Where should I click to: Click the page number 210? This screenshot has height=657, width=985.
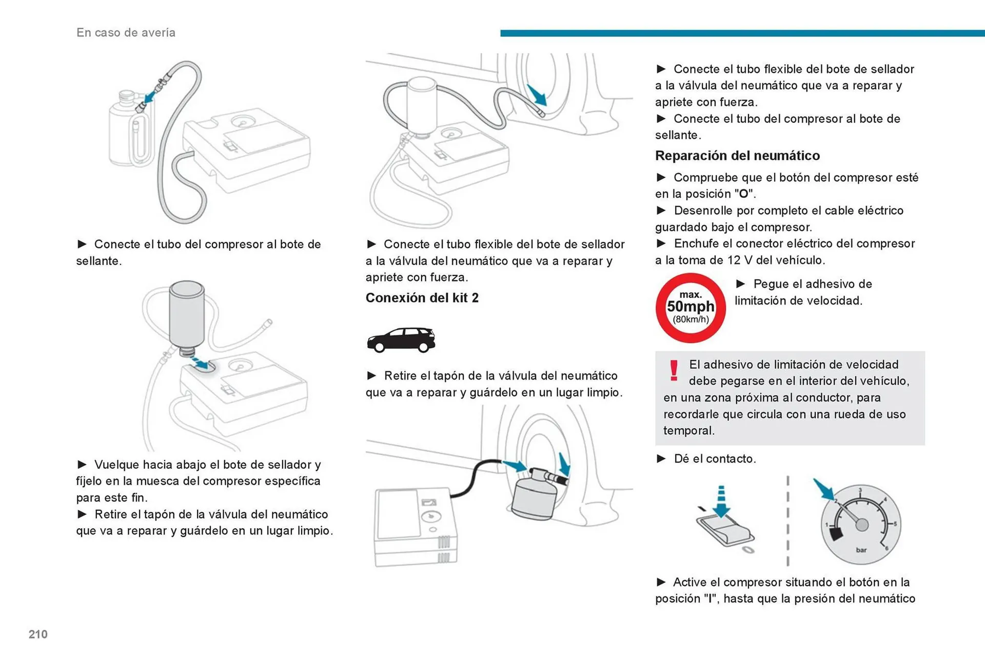[x=38, y=634]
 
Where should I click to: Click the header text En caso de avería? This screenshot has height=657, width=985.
[x=126, y=32]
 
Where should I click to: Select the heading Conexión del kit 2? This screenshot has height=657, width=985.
[x=422, y=297]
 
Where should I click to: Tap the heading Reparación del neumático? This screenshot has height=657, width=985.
[x=737, y=155]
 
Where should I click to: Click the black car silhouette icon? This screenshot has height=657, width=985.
[x=401, y=340]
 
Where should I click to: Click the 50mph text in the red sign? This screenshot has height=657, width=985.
[x=691, y=306]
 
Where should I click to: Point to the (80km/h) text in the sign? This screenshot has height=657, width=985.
[x=691, y=320]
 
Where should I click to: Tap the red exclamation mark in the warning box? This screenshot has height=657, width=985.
[x=674, y=370]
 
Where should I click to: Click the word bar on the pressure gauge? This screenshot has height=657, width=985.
[x=861, y=550]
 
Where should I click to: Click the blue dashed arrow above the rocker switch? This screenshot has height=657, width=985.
[x=721, y=501]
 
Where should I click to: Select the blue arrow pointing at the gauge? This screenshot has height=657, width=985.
[x=824, y=489]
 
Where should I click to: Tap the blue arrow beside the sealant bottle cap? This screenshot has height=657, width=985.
[x=151, y=96]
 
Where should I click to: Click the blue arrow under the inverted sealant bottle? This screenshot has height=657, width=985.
[x=202, y=364]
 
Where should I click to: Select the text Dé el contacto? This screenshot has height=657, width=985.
[x=715, y=459]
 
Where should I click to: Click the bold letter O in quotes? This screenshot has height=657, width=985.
[x=743, y=194]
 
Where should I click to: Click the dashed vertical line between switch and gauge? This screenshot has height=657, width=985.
[x=787, y=521]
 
